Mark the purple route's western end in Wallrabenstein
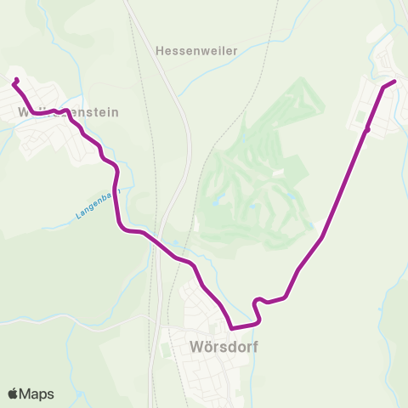[x=15, y=81]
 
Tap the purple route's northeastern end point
[x=394, y=82]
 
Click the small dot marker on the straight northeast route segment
[x=367, y=130]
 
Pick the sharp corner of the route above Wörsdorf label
[x=231, y=327]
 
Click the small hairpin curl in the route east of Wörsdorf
[x=258, y=302]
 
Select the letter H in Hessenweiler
[x=160, y=51]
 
